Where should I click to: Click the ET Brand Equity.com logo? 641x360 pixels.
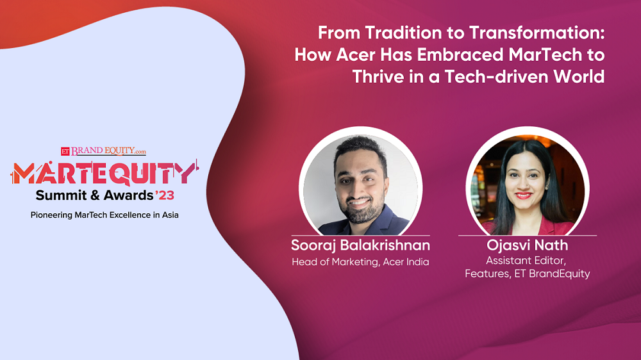pos(103,151)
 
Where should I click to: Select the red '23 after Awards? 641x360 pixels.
pos(165,195)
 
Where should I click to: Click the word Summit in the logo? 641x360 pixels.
pos(59,195)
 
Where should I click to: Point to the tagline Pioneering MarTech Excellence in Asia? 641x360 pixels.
pos(104,215)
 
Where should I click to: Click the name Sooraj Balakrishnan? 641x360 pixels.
pos(360,246)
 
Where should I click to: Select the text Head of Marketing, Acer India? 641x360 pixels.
pos(360,262)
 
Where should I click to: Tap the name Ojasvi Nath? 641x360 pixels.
pos(528,246)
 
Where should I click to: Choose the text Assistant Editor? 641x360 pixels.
pos(528,261)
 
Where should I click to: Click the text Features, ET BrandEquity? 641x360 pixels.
pos(528,274)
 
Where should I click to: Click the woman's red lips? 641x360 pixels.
pos(524,195)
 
